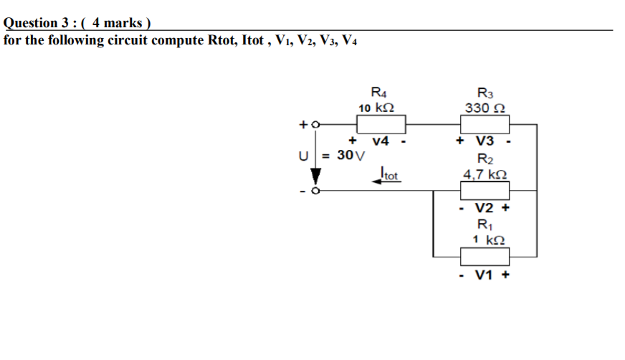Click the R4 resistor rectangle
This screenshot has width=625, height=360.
pyautogui.click(x=382, y=125)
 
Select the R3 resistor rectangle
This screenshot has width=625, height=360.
pyautogui.click(x=485, y=125)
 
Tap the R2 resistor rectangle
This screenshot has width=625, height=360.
pyautogui.click(x=485, y=190)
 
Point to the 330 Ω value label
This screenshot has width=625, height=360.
pyautogui.click(x=485, y=108)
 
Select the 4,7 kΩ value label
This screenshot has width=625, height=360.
pyautogui.click(x=485, y=174)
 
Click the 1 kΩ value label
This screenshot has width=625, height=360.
pyautogui.click(x=485, y=240)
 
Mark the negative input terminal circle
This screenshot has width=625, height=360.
pyautogui.click(x=314, y=191)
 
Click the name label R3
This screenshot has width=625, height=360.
pyautogui.click(x=485, y=93)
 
